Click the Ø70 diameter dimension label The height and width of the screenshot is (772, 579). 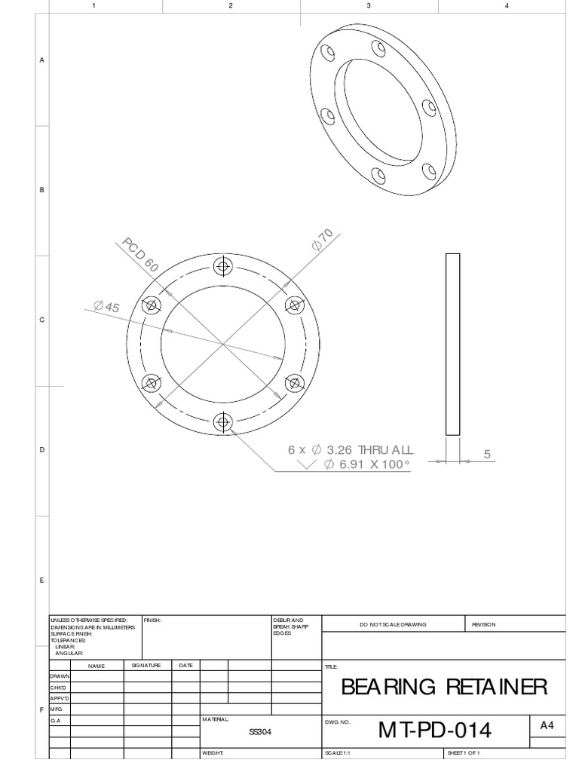(322, 240)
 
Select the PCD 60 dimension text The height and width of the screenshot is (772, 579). (141, 255)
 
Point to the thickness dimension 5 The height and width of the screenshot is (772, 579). (487, 454)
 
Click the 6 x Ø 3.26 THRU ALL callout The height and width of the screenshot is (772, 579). (351, 450)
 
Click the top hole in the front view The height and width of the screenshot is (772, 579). (223, 266)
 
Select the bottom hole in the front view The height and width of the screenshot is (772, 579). (223, 422)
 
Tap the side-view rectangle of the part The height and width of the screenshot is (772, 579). (452, 344)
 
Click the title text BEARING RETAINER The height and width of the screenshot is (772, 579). (444, 687)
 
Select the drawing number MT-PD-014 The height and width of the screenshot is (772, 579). (435, 731)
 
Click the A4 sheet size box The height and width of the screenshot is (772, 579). (547, 725)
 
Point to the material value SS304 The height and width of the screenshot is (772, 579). (260, 731)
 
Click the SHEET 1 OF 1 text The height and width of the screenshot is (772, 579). (464, 753)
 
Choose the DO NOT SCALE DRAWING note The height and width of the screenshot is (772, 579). (393, 624)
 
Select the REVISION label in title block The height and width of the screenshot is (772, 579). (484, 624)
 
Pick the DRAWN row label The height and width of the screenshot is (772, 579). (60, 676)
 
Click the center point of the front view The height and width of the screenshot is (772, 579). (223, 345)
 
